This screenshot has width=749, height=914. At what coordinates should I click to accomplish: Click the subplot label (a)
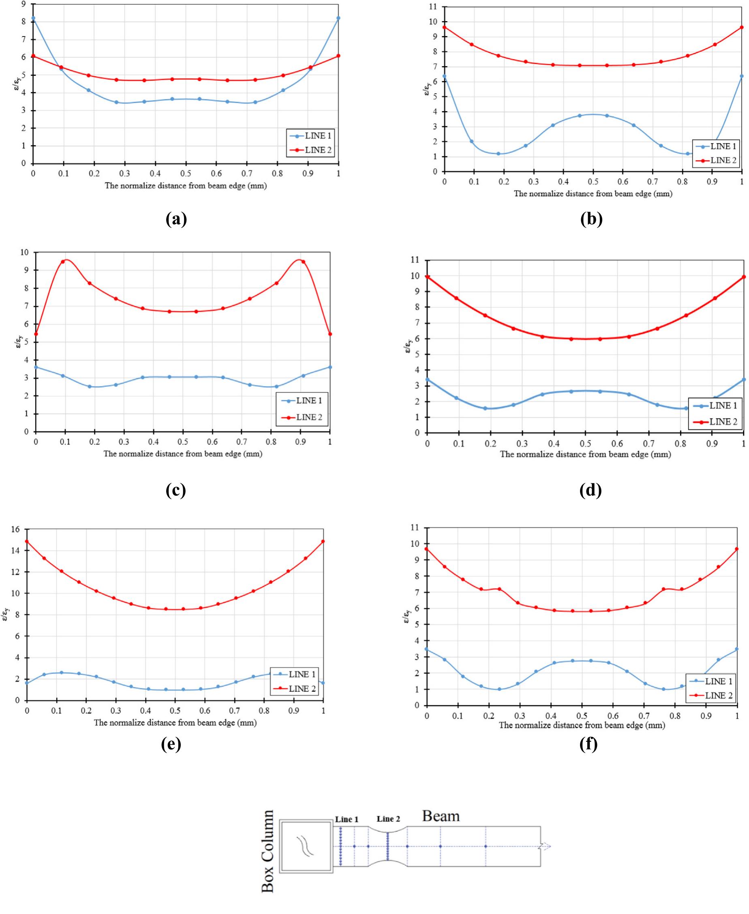pyautogui.click(x=176, y=220)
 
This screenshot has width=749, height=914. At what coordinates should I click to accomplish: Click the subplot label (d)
pyautogui.click(x=590, y=490)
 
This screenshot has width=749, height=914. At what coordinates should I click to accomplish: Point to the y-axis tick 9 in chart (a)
pyautogui.click(x=23, y=4)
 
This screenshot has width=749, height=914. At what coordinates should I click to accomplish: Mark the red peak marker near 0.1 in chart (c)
pyautogui.click(x=63, y=262)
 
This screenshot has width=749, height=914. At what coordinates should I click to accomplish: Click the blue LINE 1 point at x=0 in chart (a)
pyautogui.click(x=33, y=18)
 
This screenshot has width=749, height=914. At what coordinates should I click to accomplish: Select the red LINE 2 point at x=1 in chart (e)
pyautogui.click(x=323, y=541)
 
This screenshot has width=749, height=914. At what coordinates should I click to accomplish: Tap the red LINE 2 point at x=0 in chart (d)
pyautogui.click(x=428, y=277)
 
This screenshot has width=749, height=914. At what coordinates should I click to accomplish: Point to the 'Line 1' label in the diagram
pyautogui.click(x=347, y=820)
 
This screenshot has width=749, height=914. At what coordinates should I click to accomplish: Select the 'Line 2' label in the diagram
pyautogui.click(x=388, y=819)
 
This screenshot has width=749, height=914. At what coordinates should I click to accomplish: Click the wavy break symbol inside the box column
pyautogui.click(x=305, y=845)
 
